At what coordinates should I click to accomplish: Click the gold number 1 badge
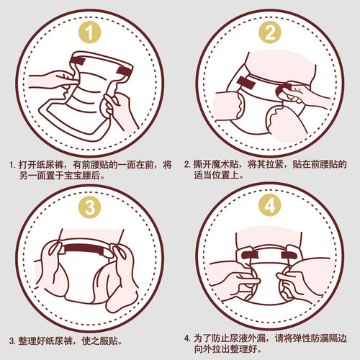click(x=90, y=32)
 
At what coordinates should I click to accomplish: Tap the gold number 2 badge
click(x=270, y=32)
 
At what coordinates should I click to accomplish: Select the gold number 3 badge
click(x=90, y=207)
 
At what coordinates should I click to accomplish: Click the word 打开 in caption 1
click(x=27, y=165)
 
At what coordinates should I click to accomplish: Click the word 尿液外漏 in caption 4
click(x=248, y=338)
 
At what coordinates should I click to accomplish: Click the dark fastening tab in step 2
click(x=246, y=83)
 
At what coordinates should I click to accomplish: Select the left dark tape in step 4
click(x=250, y=256)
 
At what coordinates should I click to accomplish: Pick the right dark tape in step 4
click(x=289, y=256)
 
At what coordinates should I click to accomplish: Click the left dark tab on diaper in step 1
click(x=79, y=60)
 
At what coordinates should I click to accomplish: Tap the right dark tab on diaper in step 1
click(x=125, y=70)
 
